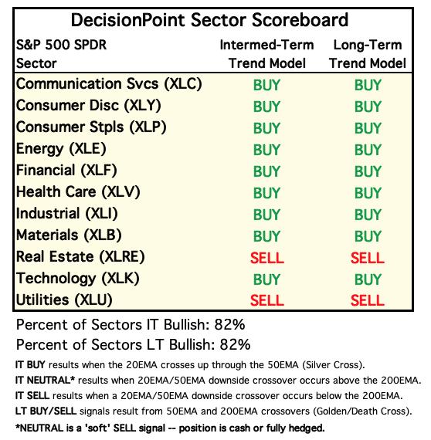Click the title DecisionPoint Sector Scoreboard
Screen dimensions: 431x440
209,20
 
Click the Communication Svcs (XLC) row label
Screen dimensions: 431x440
109,84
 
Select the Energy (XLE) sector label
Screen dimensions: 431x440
61,149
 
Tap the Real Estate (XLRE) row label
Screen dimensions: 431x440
80,257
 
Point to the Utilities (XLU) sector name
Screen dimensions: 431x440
64,300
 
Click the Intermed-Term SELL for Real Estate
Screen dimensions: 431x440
267,258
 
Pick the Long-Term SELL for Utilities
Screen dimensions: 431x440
367,300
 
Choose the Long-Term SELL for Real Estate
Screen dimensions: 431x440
367,258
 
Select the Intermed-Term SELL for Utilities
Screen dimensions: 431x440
267,300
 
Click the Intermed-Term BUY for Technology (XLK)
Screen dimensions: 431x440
266,279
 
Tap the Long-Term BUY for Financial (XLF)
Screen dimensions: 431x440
368,171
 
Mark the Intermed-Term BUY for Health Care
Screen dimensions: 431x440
266,193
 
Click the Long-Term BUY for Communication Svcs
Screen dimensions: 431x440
368,85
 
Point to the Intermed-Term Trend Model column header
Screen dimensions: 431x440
266,54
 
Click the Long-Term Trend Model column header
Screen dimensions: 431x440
368,54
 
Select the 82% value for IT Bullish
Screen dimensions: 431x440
229,325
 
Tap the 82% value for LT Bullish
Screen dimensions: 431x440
235,344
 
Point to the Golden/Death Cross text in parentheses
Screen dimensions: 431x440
361,411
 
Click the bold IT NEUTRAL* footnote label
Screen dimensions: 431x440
45,381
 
